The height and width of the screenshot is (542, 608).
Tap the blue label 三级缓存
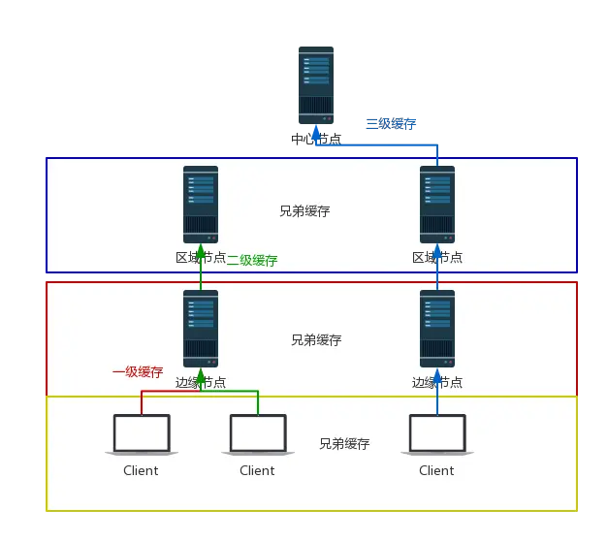pos(391,124)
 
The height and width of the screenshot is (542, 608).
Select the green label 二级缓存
pos(252,260)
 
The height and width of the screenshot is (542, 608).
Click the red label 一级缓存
pos(138,371)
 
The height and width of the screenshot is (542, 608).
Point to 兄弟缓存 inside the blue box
pos(304,210)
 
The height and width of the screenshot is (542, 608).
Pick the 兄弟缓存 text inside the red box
pos(316,340)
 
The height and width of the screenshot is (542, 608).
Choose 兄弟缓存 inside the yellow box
pos(344,444)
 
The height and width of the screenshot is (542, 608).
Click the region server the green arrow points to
pos(201,204)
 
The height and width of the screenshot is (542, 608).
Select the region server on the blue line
pos(437,204)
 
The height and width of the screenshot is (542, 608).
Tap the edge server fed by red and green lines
pos(201,328)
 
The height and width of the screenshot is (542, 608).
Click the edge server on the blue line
pos(437,328)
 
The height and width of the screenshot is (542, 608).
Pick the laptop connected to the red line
pos(142,434)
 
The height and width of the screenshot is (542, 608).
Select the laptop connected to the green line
pos(258,434)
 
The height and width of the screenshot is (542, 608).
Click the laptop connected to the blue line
pos(437,434)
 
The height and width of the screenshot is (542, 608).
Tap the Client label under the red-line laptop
pos(141,471)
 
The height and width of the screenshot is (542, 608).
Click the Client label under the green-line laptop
pos(257,471)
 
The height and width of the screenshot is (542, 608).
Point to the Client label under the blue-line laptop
pos(436,471)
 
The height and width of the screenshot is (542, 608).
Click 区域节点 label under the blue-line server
pos(437,258)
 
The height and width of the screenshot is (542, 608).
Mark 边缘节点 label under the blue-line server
pos(437,383)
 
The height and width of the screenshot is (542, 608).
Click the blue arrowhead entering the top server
pos(314,129)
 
